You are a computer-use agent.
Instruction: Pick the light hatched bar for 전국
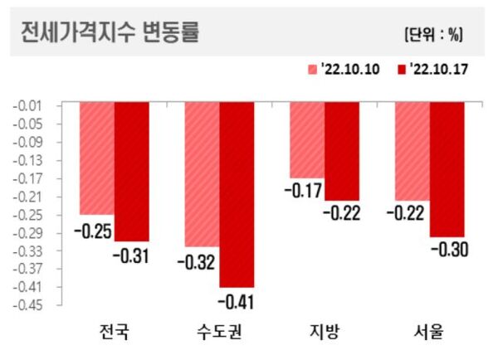click(x=97, y=158)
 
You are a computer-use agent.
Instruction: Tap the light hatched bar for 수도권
click(x=202, y=174)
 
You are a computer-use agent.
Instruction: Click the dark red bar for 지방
click(x=342, y=151)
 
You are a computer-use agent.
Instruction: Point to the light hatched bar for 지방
click(x=307, y=140)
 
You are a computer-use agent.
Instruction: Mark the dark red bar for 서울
click(x=447, y=169)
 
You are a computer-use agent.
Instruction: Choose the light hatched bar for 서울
click(x=412, y=151)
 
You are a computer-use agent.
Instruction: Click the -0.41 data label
click(x=237, y=299)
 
